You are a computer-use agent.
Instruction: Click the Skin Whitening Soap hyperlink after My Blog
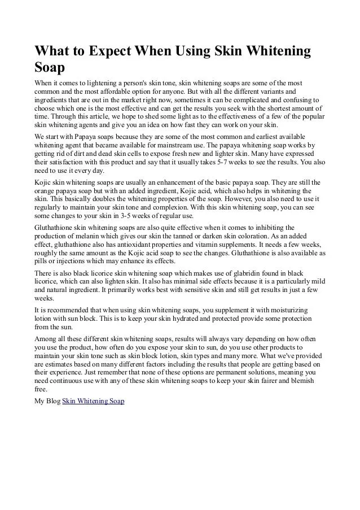[93, 400]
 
